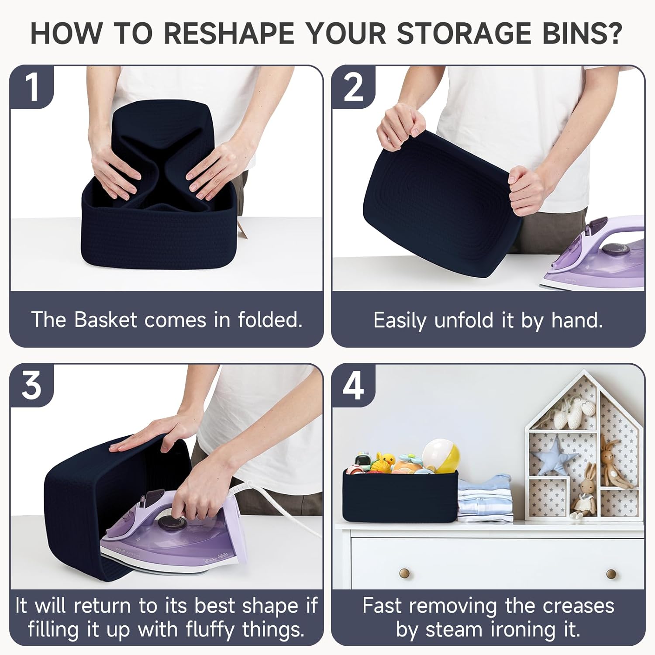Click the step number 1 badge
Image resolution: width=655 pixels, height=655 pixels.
tap(32, 87)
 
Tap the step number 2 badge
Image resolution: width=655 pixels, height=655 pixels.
tap(353, 87)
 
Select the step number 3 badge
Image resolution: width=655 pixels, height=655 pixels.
tap(32, 385)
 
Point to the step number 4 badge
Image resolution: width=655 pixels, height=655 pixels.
tap(353, 385)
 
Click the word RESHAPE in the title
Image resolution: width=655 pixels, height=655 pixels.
tap(229, 33)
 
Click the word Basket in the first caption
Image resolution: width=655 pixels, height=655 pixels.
tap(106, 320)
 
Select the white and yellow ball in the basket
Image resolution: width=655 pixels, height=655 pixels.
tap(441, 456)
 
